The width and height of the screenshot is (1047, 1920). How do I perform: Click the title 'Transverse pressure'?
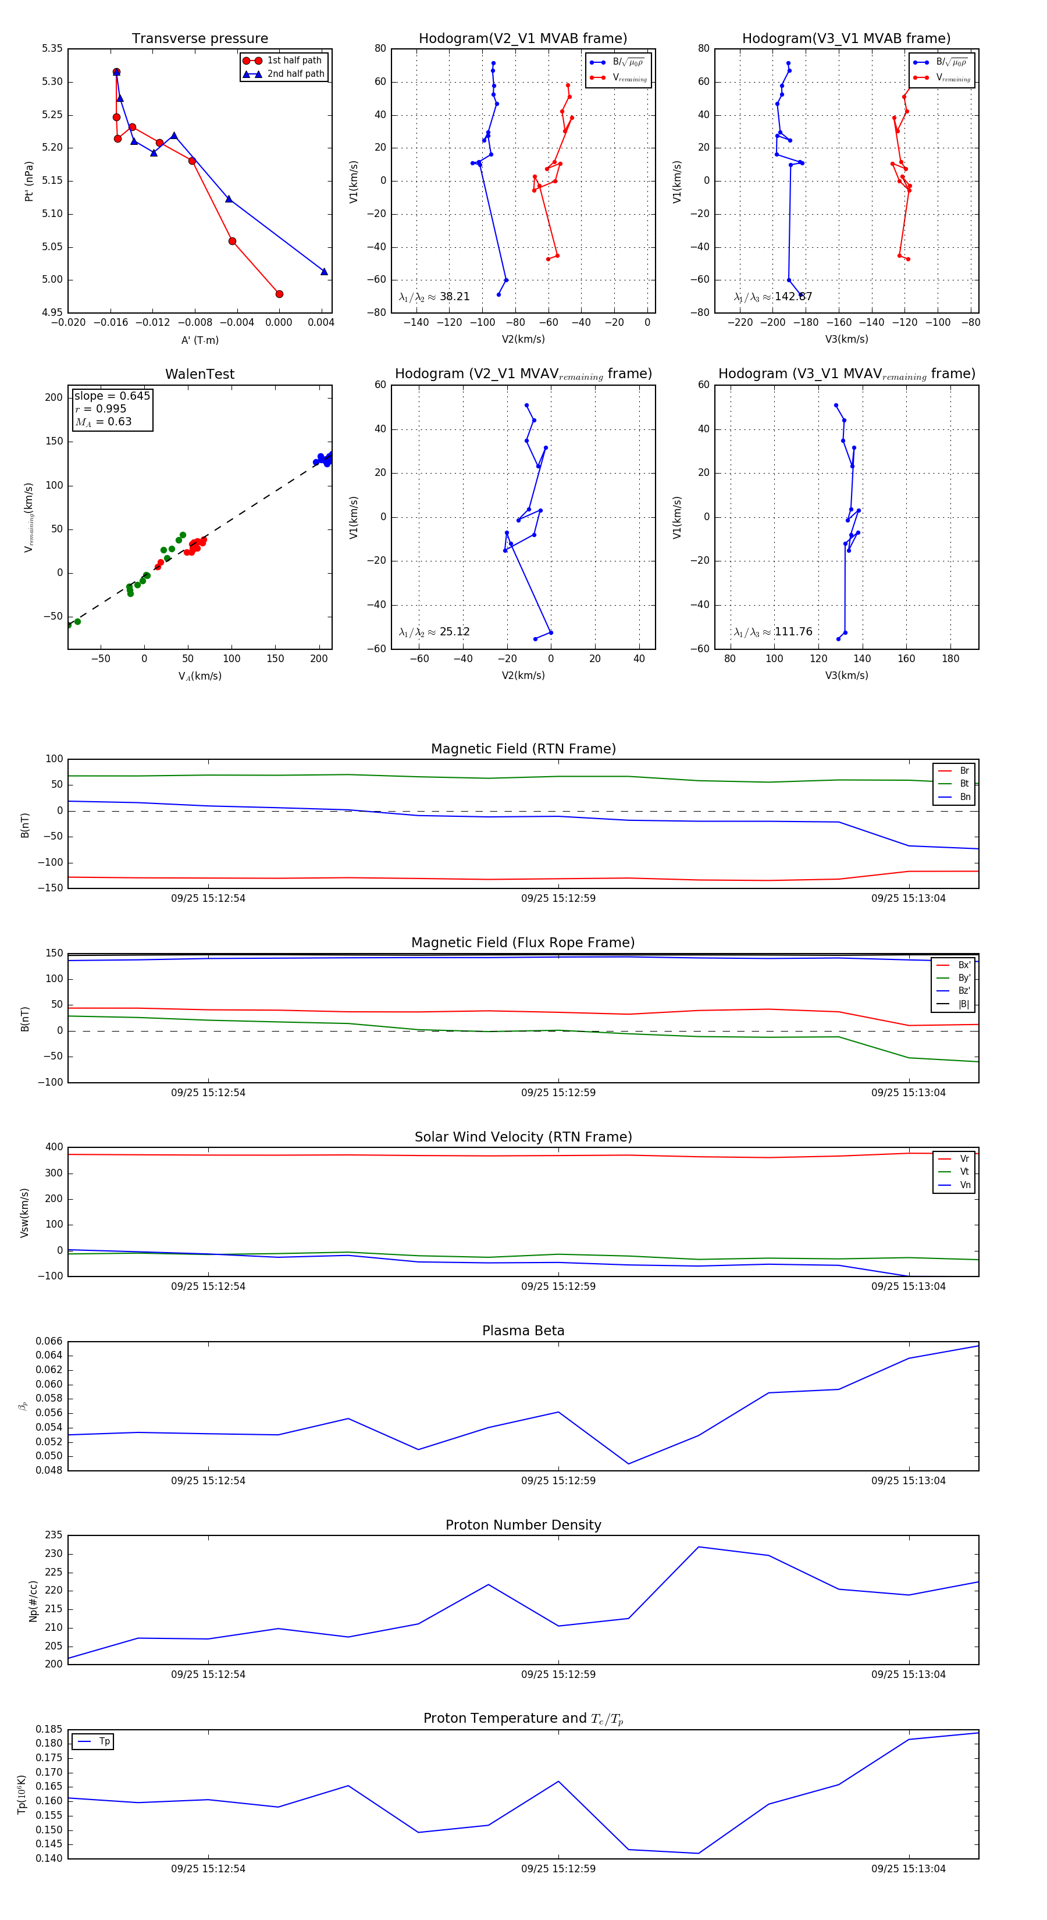[200, 39]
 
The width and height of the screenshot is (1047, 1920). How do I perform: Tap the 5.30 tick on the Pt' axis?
[52, 82]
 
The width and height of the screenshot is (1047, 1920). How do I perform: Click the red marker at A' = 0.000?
[279, 294]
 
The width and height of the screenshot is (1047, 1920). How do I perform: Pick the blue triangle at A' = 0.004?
[324, 271]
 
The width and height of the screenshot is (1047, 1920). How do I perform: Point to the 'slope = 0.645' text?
[112, 396]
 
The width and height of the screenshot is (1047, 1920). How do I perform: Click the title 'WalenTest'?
[200, 374]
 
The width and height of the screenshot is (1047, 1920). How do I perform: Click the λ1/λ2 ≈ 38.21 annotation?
[435, 297]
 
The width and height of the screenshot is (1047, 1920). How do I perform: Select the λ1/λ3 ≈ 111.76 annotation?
[773, 632]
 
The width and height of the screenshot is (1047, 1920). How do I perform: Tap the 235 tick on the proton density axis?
[54, 1535]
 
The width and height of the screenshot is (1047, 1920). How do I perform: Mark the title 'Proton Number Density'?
[523, 1525]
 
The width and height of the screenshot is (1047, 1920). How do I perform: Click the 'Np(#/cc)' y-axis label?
[33, 1600]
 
